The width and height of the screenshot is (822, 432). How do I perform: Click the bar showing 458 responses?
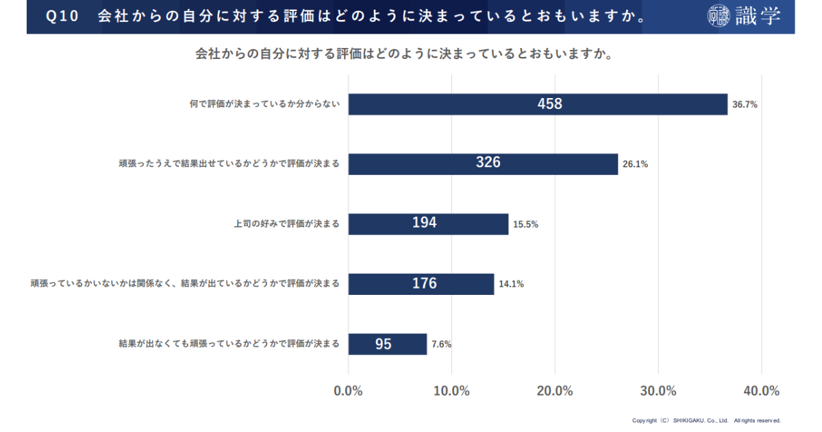538,104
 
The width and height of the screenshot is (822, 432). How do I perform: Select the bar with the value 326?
483,163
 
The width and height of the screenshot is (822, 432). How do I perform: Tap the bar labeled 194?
428,224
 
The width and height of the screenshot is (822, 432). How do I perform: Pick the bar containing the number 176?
421,283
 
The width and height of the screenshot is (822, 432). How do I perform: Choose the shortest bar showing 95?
387,344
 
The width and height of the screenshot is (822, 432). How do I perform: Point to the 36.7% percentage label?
745,105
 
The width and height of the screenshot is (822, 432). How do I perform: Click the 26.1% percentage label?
635,164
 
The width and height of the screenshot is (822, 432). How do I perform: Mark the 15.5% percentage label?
525,224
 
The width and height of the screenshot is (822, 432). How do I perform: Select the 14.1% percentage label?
511,284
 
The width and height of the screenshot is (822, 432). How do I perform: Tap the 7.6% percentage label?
440,344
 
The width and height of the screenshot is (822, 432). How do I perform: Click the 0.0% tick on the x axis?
348,391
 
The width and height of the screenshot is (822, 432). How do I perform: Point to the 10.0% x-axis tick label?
451,391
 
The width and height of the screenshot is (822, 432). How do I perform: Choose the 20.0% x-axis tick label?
555,391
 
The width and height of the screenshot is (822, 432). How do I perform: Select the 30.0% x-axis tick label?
658,391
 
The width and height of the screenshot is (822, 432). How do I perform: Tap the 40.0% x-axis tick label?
761,391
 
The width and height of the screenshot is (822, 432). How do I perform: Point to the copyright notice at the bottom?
706,420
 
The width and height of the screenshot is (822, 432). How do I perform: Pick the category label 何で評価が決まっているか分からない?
264,105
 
